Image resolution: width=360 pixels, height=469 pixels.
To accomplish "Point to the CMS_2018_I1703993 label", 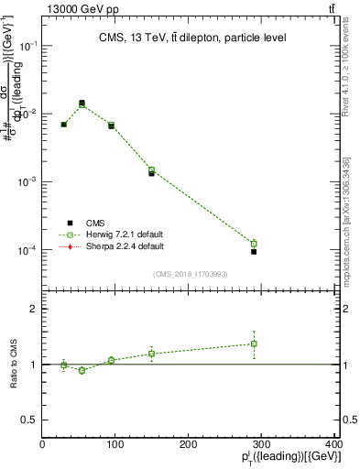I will pyautogui.click(x=191, y=273).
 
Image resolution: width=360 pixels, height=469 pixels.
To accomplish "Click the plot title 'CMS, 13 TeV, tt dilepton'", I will pyautogui.click(x=191, y=38).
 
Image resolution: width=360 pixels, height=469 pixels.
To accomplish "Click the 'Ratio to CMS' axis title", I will pyautogui.click(x=14, y=365).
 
